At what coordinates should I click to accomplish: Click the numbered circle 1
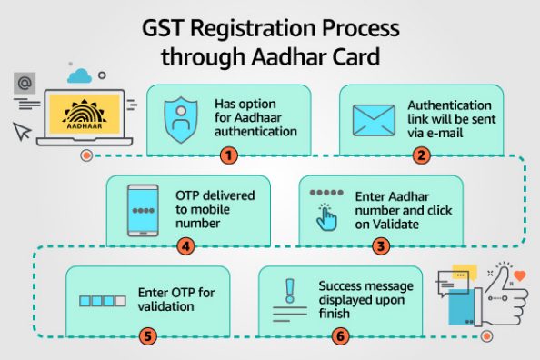point(229,155)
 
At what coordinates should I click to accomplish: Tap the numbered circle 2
point(420,155)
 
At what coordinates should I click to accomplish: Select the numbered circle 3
point(381,245)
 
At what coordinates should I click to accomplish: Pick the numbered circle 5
point(149,335)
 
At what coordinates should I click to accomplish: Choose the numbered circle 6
point(340,335)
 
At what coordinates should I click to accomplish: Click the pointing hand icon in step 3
point(326,216)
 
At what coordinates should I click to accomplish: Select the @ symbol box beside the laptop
point(26,85)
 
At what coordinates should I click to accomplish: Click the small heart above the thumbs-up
point(520,275)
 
